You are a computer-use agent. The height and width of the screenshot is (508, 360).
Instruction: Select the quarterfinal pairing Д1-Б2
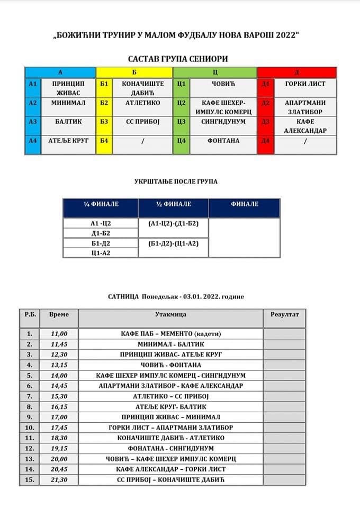pyautogui.click(x=101, y=233)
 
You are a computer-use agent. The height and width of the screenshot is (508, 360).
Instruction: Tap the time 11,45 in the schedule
pyautogui.click(x=59, y=343)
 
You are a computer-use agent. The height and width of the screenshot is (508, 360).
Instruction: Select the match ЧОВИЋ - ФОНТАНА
pyautogui.click(x=170, y=365)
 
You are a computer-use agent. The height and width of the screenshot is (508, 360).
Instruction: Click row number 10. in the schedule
pyautogui.click(x=30, y=428)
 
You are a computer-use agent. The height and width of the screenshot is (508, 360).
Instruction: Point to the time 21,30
pyautogui.click(x=59, y=479)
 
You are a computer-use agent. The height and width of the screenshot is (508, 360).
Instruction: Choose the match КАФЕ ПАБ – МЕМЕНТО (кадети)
pyautogui.click(x=170, y=333)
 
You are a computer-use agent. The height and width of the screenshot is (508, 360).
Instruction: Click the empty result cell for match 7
pyautogui.click(x=284, y=396)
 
